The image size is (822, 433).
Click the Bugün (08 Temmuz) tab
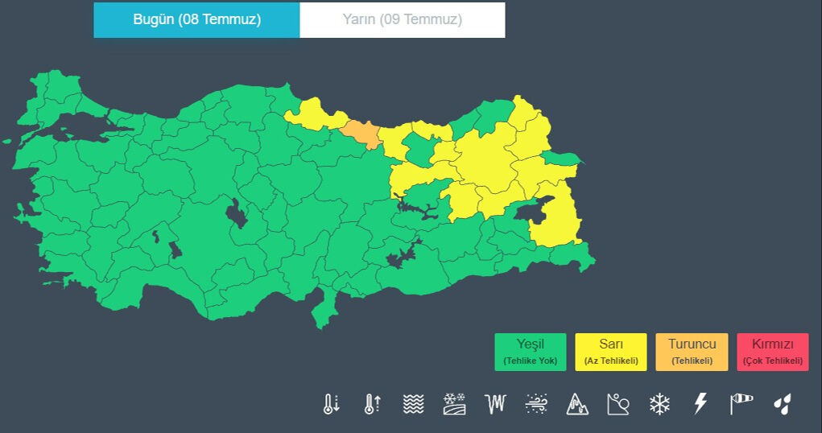point(196,20)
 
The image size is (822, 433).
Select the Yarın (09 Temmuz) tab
point(403,20)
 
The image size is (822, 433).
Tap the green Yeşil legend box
point(530,352)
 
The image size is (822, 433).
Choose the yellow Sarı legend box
point(611,352)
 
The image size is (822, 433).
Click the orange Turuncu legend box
point(692,352)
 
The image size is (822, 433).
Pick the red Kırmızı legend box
point(772,352)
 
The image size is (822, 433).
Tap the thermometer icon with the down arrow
point(331,404)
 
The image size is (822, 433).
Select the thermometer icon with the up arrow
point(371,404)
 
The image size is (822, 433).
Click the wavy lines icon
point(413,404)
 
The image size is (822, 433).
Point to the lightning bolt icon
point(700,404)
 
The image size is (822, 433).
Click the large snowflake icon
point(660,404)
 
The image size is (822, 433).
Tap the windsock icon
point(741,404)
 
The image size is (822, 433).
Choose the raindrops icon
point(782,404)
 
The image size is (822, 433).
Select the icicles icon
point(495,404)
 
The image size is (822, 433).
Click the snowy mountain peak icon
point(577,404)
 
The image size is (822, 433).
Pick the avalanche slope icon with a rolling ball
point(618,404)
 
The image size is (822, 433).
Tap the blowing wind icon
point(536,404)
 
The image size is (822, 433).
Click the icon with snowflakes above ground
point(455,404)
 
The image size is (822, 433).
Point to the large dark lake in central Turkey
point(236,213)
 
